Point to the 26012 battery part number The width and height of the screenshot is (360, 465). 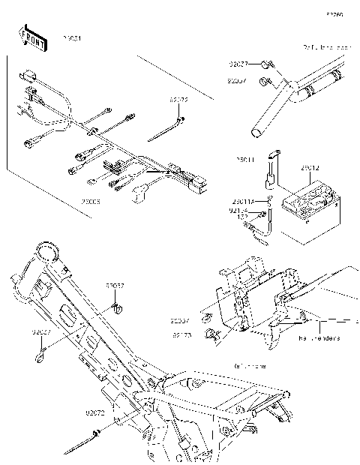(x=310, y=169)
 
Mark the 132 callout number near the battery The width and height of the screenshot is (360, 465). (x=242, y=217)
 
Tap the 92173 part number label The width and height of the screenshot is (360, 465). (x=182, y=335)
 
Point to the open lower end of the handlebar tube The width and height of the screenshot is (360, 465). (x=257, y=133)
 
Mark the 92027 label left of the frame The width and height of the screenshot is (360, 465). (x=41, y=331)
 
